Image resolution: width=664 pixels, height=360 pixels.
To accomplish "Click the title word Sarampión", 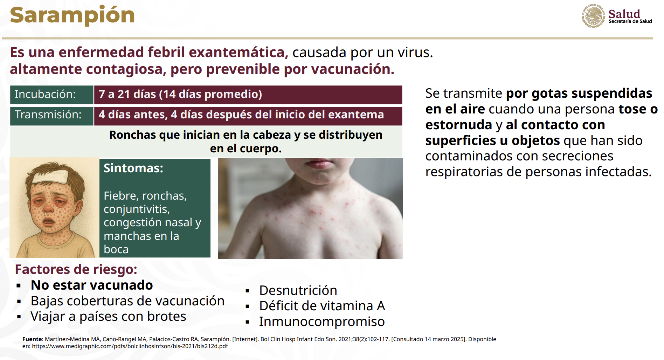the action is (x=72, y=15).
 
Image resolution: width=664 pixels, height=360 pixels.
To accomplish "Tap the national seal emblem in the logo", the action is (x=593, y=16).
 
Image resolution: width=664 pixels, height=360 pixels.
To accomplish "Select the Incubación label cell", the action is (x=51, y=95).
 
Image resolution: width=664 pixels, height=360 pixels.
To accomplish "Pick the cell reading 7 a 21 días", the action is (x=248, y=95).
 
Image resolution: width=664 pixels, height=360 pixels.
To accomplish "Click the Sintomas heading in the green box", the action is (x=133, y=168).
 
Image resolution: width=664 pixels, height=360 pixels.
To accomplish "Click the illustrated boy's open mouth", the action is (x=49, y=222).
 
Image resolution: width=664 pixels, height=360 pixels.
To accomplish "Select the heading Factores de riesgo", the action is (x=76, y=269).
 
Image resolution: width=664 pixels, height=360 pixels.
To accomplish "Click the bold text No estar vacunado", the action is (x=92, y=285).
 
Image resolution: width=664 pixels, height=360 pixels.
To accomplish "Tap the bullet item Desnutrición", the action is (x=298, y=290).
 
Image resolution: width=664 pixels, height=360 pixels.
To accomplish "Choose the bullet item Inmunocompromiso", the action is (x=322, y=321).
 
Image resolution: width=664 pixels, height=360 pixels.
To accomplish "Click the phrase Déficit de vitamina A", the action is (x=322, y=306).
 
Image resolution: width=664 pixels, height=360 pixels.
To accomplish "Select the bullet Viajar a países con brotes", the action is (x=108, y=316).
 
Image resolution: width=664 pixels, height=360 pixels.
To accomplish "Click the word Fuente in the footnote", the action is (x=32, y=339).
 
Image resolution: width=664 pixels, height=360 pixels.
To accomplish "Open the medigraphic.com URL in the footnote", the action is (x=130, y=346).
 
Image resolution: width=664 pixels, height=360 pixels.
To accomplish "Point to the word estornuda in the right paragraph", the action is (x=459, y=125).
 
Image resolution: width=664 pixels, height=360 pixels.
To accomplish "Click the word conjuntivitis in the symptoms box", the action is (x=137, y=209).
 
